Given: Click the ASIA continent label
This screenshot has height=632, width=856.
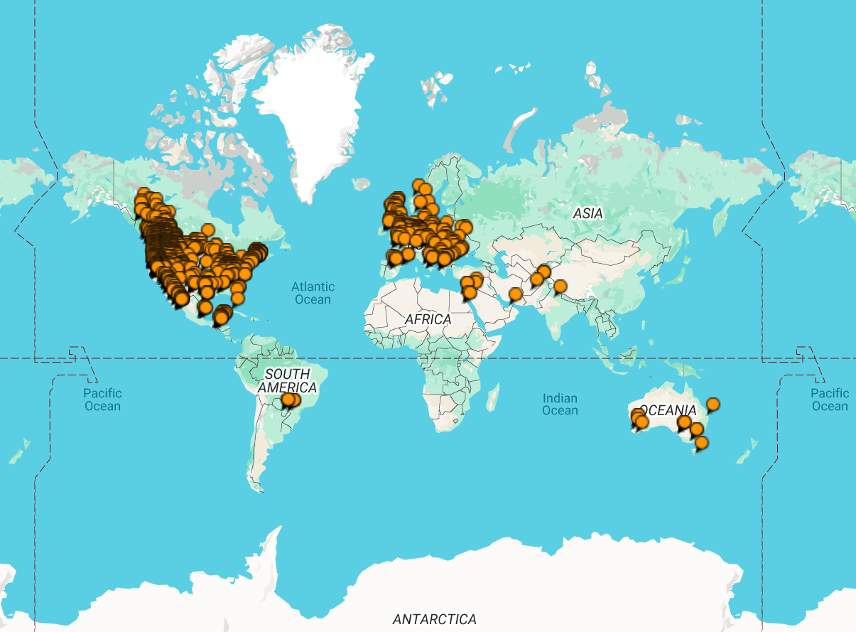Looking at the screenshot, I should (587, 213).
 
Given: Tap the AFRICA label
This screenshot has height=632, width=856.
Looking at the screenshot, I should (428, 319).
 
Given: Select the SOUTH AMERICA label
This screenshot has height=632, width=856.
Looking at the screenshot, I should (287, 381).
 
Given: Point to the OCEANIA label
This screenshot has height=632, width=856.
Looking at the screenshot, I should (668, 410).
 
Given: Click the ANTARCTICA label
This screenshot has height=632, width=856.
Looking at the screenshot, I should (435, 619).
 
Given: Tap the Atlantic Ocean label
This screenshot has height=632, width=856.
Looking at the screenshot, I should (313, 293).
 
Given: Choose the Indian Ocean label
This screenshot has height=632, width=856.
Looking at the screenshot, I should (560, 405).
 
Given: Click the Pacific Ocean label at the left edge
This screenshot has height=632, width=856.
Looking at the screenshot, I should (103, 400).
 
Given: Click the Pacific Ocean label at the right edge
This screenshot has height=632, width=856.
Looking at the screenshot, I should (830, 400).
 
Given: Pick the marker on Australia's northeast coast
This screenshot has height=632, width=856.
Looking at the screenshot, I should (713, 405).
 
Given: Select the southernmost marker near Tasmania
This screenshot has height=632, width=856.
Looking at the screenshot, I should (702, 443).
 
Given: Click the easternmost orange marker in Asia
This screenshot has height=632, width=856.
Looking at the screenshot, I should (560, 286).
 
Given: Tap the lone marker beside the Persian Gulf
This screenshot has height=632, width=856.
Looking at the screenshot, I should (516, 294).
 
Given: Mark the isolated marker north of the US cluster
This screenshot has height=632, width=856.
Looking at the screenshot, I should (207, 230).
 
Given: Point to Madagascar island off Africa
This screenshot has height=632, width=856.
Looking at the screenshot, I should (493, 396).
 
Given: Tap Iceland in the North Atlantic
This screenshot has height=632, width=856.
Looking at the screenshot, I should (362, 183).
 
